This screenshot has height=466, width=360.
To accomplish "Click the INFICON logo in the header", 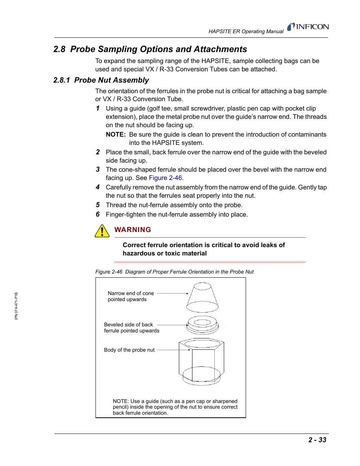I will point(308,27).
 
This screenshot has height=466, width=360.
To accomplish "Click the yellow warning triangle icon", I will point(102,231).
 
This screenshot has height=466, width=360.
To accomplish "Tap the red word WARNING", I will point(132,230).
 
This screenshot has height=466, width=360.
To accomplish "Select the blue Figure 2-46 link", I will point(165,178).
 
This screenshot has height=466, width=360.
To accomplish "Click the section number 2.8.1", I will point(62,80).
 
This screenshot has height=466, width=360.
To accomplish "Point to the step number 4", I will point(98,187).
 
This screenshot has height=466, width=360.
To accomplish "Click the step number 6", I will point(98,214).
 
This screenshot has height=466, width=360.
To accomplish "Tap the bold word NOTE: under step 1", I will point(115,134).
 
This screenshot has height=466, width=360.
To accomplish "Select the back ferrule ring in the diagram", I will point(203,325).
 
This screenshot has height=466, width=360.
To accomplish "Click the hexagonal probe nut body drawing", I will point(202,361).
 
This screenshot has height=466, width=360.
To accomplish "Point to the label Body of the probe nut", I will point(129,350).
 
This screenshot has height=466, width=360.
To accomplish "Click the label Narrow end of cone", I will point(131,293).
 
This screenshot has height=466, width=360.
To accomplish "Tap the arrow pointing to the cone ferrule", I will point(172,293).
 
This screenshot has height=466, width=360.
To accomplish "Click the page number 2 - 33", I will point(317,440).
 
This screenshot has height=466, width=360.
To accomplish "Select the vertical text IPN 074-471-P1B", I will point(16,306).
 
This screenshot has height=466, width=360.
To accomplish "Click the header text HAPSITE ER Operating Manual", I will point(246,31).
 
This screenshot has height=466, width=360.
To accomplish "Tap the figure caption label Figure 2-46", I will point(109,272).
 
